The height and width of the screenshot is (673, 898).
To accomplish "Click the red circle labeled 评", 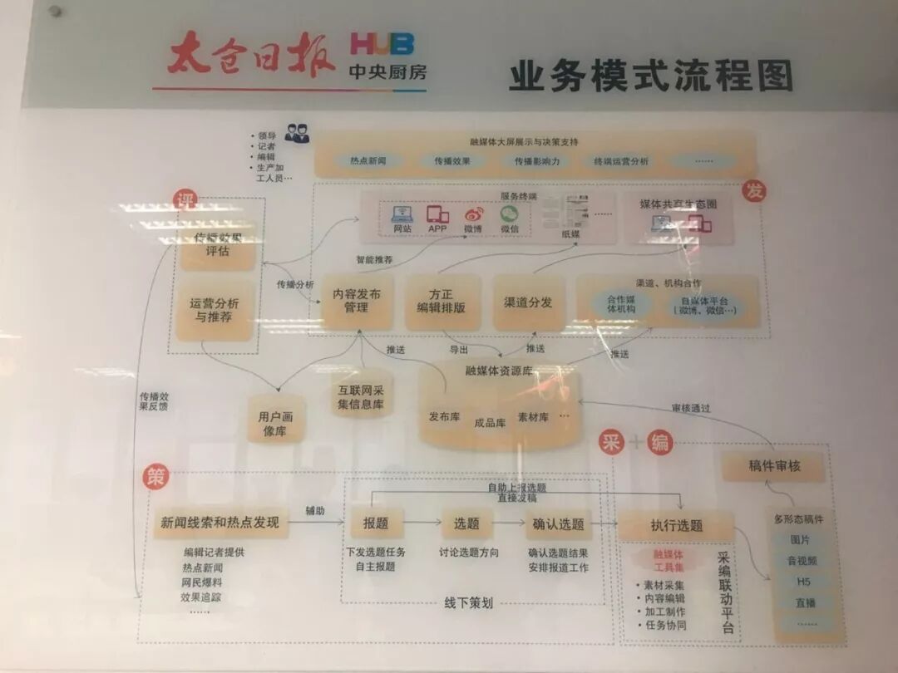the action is click(184, 199).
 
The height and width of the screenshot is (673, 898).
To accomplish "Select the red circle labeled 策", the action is click(155, 475).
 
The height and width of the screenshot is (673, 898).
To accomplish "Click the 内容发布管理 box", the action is click(357, 301).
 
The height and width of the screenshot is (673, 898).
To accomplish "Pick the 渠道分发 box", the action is click(528, 302).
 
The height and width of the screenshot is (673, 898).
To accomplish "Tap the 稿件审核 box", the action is click(773, 467).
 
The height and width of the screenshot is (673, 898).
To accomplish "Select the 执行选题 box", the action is click(676, 525).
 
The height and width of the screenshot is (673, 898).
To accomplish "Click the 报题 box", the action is click(376, 523).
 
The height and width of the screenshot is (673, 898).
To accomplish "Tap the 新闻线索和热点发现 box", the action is click(220, 523).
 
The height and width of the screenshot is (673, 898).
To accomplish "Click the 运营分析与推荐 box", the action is click(214, 310).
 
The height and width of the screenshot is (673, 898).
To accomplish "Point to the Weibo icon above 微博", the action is click(473, 214).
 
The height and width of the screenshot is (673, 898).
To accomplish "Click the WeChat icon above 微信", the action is click(509, 214).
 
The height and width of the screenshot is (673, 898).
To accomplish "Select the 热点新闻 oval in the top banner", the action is click(365, 161).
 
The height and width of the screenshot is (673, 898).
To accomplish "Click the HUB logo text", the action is click(382, 44).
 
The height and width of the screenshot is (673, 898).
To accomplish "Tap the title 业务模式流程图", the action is click(650, 76).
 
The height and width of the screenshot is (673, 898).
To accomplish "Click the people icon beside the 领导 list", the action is click(297, 133).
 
